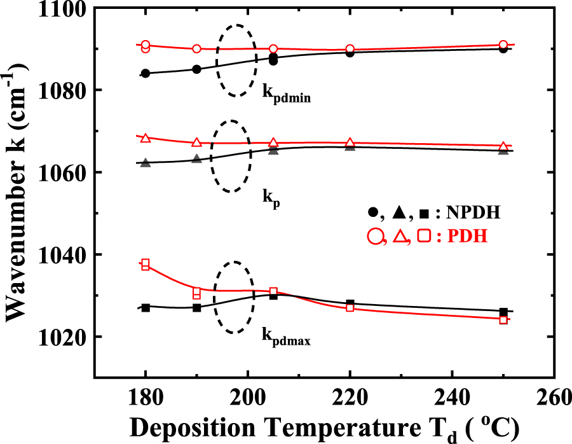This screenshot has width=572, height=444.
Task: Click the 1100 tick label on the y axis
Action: [64, 9]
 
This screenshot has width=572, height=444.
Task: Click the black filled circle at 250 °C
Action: [503, 48]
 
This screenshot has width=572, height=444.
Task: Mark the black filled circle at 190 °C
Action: [196, 69]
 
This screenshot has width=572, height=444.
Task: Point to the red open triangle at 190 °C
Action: [196, 142]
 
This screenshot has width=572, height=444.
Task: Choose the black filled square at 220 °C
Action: [350, 304]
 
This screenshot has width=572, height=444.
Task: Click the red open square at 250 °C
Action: [503, 319]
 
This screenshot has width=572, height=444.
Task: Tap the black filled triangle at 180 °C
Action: [146, 163]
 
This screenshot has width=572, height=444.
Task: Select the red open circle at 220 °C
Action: [350, 49]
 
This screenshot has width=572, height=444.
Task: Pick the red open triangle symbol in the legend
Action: [400, 237]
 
